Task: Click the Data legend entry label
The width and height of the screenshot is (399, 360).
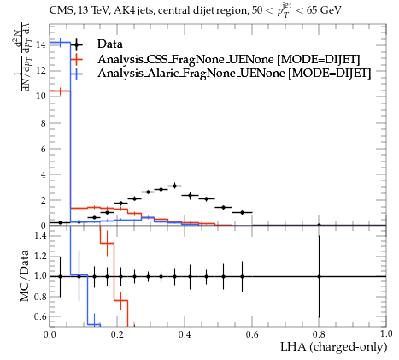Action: tap(110, 44)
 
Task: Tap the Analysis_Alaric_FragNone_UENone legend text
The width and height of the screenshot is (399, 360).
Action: tap(234, 74)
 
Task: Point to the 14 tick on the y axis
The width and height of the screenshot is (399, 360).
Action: tap(41, 44)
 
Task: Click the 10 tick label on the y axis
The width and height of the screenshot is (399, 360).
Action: tap(41, 96)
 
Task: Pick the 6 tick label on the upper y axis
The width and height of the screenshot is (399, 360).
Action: tap(44, 149)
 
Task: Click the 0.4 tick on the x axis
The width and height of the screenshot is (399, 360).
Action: tap(185, 333)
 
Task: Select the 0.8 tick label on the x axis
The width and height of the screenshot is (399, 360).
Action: tap(319, 333)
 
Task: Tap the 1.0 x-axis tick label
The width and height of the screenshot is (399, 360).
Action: tap(386, 333)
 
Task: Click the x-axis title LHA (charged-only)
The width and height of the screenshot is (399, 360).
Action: tap(334, 347)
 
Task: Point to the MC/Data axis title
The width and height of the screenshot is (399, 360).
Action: tap(25, 275)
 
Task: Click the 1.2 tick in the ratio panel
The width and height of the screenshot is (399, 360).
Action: tap(40, 256)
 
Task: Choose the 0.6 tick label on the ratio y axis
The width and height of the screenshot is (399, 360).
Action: tap(40, 316)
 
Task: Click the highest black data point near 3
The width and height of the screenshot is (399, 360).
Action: tap(175, 186)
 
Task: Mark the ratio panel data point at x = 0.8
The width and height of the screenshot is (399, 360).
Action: tap(319, 276)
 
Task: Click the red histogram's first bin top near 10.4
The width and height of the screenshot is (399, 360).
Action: tap(60, 91)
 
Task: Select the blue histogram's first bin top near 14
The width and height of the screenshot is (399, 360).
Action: tap(60, 43)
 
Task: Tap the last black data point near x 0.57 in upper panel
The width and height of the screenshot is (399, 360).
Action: tap(242, 212)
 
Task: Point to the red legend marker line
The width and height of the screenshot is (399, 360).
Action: tap(77, 59)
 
